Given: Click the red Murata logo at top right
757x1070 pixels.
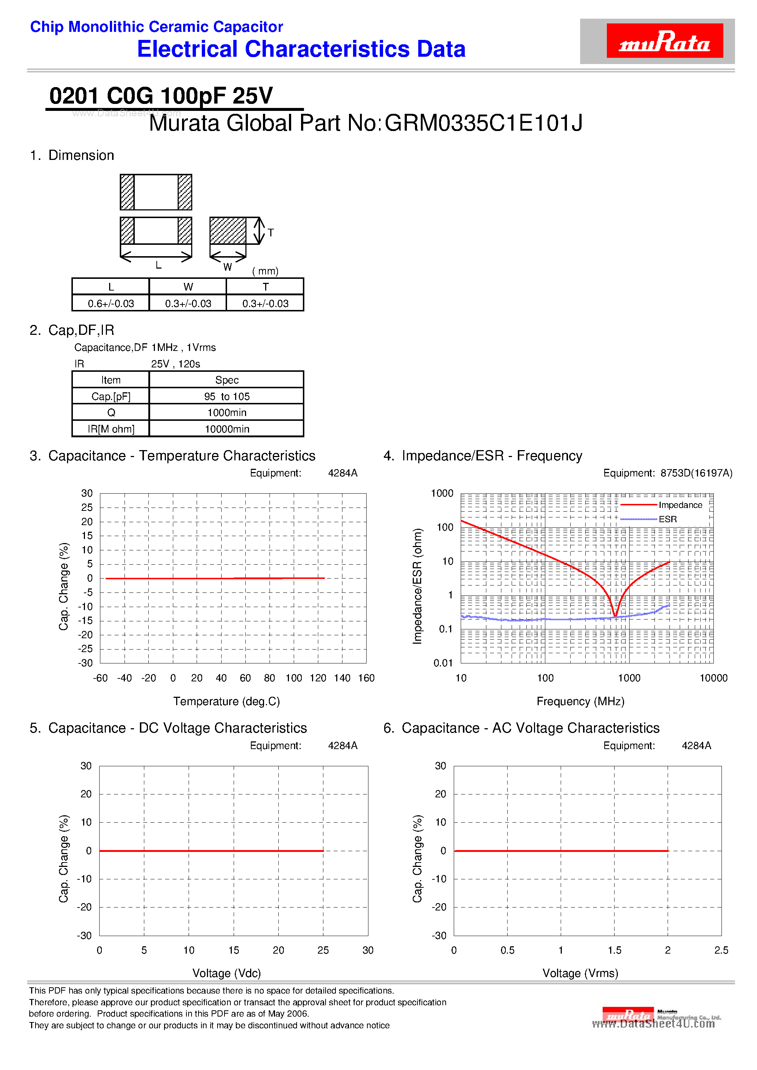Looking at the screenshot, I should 664,41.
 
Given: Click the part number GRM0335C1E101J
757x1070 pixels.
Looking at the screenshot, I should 484,123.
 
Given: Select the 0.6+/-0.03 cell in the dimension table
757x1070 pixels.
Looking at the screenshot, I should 111,303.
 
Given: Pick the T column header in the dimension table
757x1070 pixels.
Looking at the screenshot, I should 266,287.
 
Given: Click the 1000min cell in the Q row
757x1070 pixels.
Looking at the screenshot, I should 227,413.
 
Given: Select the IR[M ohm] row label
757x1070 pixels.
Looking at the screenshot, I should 111,429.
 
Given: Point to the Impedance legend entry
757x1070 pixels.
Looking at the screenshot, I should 680,505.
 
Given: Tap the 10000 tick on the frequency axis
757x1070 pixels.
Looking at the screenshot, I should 713,678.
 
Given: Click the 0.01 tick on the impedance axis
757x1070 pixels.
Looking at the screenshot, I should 443,663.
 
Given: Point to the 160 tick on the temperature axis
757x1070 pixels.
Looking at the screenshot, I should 366,678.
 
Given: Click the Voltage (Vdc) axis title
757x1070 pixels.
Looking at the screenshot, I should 227,973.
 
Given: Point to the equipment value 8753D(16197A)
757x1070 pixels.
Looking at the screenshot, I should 696,473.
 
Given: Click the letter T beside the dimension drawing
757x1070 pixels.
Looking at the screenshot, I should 271,232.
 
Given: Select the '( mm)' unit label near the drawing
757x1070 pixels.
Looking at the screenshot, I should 265,271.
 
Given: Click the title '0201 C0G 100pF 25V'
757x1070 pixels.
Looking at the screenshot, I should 161,96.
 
